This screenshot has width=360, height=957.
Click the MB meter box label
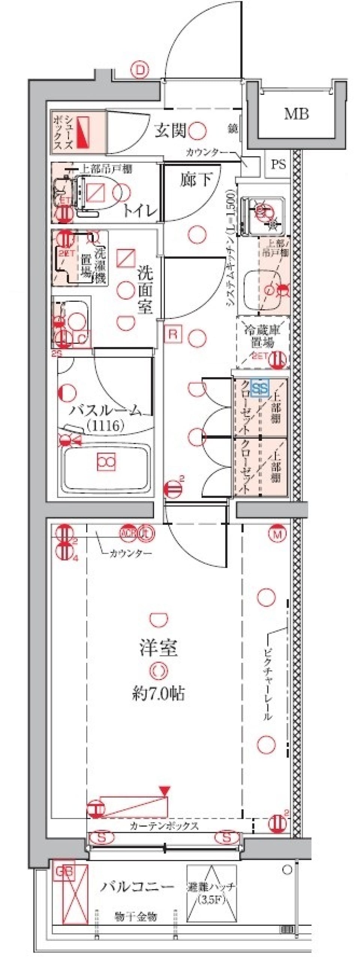[x=296, y=114]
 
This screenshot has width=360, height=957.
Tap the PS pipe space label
[x=278, y=164]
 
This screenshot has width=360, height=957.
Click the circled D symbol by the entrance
[x=140, y=70]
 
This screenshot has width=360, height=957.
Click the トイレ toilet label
[x=140, y=211]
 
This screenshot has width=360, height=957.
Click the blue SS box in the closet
[x=259, y=388]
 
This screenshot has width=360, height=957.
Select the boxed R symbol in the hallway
[x=173, y=334]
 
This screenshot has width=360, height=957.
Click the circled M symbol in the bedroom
[x=277, y=534]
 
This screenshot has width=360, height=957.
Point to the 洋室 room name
[x=158, y=648]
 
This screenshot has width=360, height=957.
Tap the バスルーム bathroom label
[x=106, y=410]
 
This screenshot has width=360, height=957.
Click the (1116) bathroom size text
[x=105, y=425]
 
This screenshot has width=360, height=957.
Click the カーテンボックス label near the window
[x=164, y=825]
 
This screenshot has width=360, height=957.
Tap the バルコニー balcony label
[x=137, y=887]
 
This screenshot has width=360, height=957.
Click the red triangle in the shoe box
[x=83, y=133]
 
